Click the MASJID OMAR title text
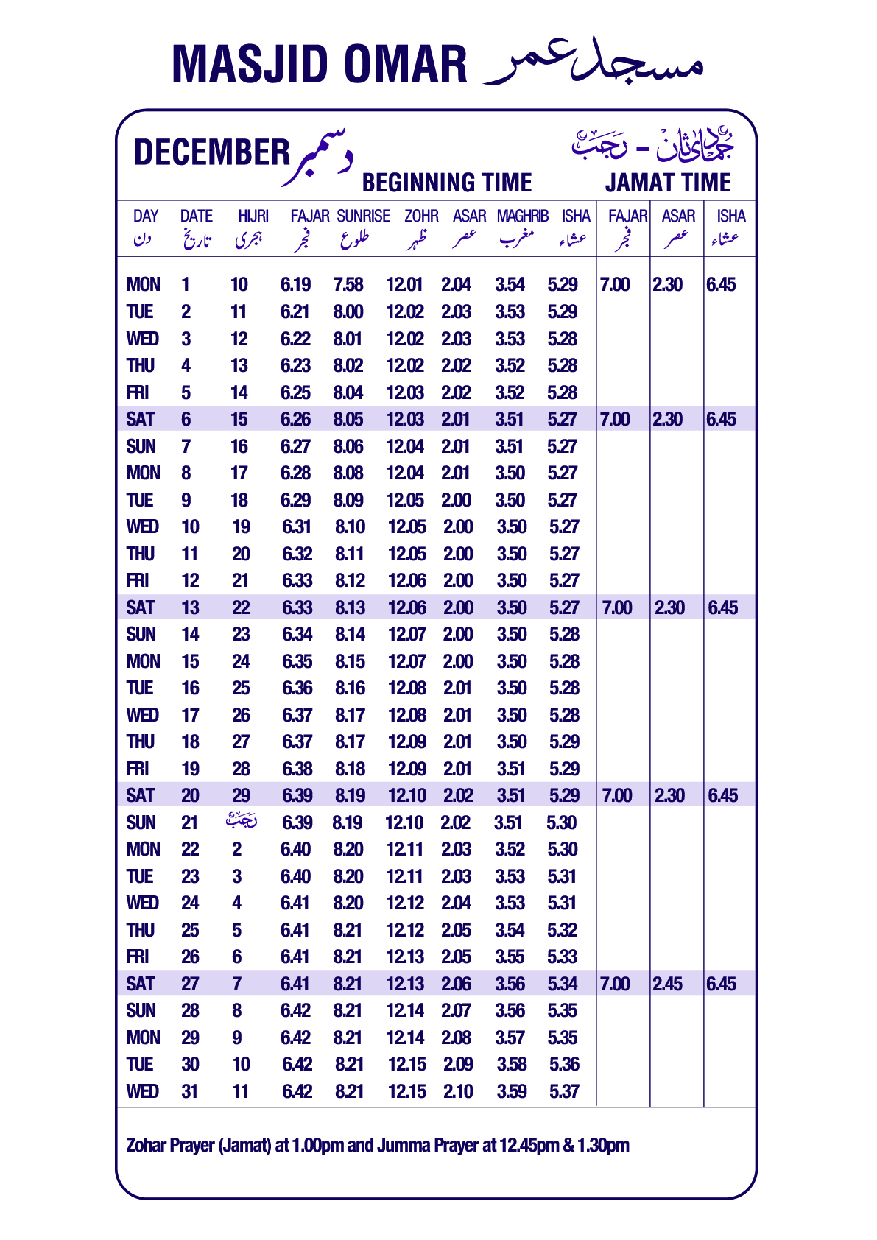point(319,64)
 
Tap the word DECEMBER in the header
point(212,152)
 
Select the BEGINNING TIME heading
point(447,183)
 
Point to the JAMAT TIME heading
point(668,183)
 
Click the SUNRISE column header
point(363,216)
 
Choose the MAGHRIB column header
point(522,216)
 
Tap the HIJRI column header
point(253,216)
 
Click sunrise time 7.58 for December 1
point(348,285)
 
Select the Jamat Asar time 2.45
point(667,984)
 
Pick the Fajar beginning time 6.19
point(295,285)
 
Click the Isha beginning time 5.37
point(564,1091)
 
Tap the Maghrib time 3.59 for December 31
point(511,1091)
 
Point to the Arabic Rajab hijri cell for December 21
point(241,821)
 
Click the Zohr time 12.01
point(404,285)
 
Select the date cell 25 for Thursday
point(190,930)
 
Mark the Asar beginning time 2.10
point(458,1091)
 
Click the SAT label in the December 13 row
point(140,607)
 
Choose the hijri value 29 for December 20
point(241,795)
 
